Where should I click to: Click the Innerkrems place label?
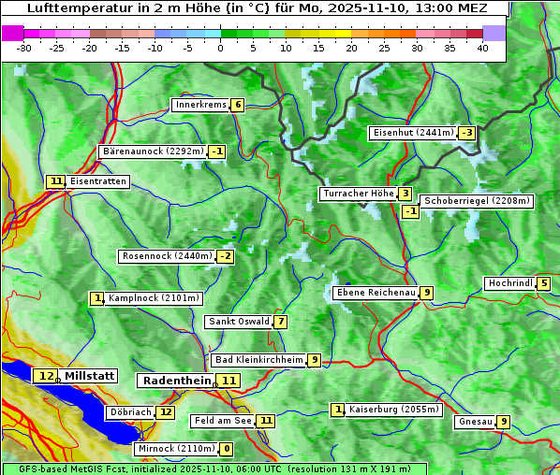(200, 105)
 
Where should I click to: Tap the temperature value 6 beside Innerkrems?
(238, 105)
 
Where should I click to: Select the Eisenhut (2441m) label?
(412, 133)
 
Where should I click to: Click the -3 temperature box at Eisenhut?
(466, 133)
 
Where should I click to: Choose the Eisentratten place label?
(97, 181)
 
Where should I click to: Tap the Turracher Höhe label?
(358, 194)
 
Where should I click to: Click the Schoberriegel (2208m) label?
(477, 201)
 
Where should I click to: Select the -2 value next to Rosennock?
(225, 256)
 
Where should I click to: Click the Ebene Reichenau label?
(376, 293)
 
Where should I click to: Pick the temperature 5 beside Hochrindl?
(544, 284)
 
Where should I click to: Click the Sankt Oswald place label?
(238, 322)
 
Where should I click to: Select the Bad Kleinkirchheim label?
(258, 360)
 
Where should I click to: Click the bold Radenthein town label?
(176, 381)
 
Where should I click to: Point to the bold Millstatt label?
(90, 376)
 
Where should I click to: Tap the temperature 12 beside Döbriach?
(166, 412)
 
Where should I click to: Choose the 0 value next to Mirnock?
(227, 449)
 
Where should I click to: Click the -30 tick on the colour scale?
(24, 48)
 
